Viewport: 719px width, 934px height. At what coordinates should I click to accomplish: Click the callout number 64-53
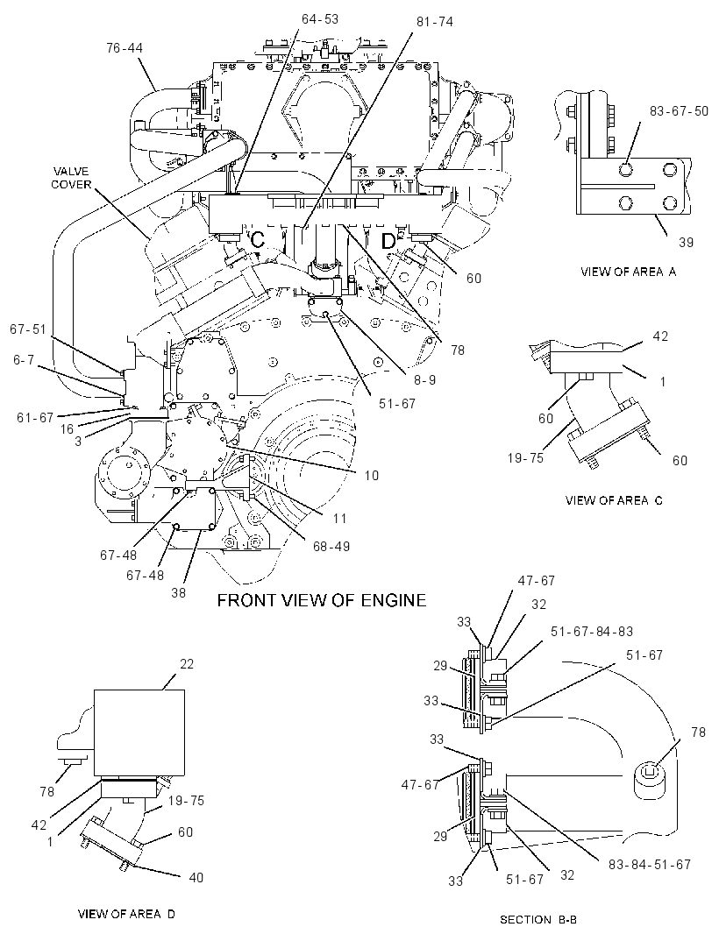[x=319, y=19]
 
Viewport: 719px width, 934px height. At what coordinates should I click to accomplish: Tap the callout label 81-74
[x=435, y=22]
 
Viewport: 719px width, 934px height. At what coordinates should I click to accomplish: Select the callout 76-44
[x=125, y=48]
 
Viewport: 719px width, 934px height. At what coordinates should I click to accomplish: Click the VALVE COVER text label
[x=71, y=178]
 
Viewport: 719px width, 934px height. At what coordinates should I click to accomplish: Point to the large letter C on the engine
[x=258, y=240]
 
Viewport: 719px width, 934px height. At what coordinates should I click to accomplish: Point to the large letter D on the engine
[x=388, y=241]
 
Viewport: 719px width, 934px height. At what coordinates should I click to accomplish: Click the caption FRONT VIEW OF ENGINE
[x=322, y=600]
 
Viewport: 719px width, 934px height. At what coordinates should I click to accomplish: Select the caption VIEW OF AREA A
[x=629, y=272]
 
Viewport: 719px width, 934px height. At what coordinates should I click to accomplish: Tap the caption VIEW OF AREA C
[x=614, y=500]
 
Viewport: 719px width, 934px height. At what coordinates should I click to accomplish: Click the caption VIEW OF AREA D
[x=126, y=914]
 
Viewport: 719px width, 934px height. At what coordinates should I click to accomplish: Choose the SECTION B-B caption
[x=537, y=920]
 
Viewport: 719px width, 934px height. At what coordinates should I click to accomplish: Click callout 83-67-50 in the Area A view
[x=679, y=111]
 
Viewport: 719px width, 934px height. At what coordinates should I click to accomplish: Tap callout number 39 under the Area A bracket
[x=686, y=243]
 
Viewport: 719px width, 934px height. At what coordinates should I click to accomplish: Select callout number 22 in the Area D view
[x=187, y=664]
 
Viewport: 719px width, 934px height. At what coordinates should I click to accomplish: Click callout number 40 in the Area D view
[x=196, y=877]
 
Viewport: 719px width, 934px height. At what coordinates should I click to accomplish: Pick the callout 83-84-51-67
[x=649, y=864]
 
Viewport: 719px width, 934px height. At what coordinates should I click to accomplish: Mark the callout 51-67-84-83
[x=592, y=632]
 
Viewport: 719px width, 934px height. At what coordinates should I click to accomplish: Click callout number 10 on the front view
[x=372, y=476]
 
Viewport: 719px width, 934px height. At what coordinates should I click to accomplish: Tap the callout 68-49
[x=331, y=546]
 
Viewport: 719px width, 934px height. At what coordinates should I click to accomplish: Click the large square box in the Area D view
[x=139, y=734]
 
